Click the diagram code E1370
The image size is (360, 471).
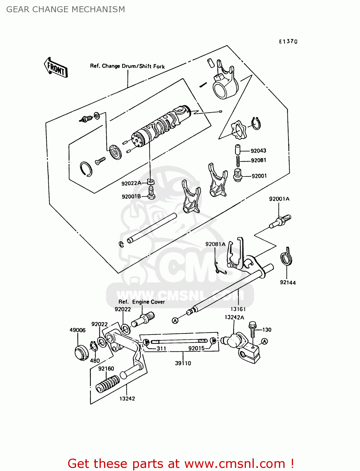pos(288,41)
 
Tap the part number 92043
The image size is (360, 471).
pos(258,151)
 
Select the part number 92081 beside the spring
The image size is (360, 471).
pos(259,160)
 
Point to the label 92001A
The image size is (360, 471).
pos(279,199)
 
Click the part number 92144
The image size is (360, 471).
pos(288,282)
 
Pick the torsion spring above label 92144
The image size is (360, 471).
pos(286,257)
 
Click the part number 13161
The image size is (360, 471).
pos(238,309)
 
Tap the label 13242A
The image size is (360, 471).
pos(234,317)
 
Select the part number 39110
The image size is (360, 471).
pos(183,363)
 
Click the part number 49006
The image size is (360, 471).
pos(78,330)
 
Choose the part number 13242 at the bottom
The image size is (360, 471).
pos(127,398)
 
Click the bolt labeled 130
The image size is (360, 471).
pos(253,330)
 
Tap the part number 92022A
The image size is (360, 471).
pos(131,183)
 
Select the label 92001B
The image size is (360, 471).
pos(131,197)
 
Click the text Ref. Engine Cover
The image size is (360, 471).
pos(141,302)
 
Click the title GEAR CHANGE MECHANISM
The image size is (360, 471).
pos(66,9)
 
